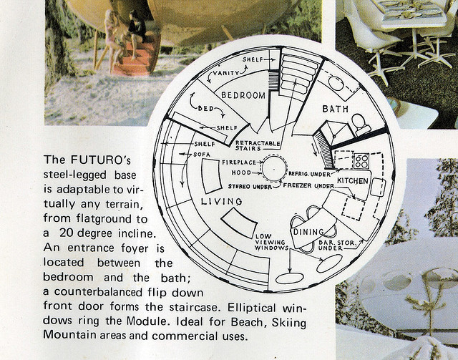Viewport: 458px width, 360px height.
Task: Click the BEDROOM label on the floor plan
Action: [243, 95]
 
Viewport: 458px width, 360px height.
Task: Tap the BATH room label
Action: [336, 109]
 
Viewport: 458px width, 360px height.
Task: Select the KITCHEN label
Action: [353, 181]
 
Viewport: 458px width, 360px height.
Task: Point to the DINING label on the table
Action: [308, 232]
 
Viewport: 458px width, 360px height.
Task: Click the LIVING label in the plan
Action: [222, 201]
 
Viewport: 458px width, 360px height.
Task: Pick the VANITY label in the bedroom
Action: [226, 73]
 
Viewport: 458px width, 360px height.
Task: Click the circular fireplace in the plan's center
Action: [274, 169]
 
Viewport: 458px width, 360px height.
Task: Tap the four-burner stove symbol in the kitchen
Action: [361, 161]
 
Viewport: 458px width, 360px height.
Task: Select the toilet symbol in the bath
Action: [361, 125]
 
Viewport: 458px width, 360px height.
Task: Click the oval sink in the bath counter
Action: [336, 83]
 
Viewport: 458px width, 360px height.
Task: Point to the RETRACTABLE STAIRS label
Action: [258, 145]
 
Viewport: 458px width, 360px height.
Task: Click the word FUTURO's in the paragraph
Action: [100, 160]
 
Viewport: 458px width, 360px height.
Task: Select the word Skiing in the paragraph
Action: [289, 322]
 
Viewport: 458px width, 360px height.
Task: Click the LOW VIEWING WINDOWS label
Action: [270, 242]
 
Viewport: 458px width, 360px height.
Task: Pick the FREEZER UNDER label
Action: [308, 185]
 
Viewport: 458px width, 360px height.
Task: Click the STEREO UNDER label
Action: [250, 186]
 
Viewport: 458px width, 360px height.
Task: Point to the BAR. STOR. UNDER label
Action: [337, 245]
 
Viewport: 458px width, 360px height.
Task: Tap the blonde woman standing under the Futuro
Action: [112, 41]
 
